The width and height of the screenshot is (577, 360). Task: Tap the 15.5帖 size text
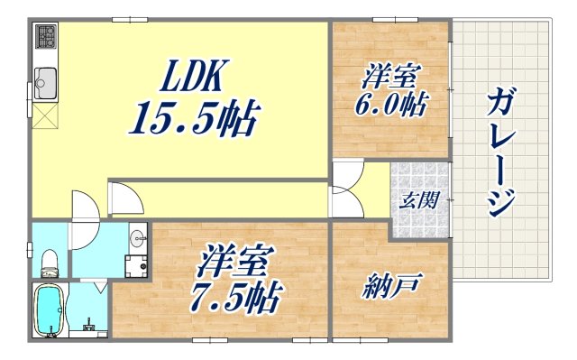tap(197, 118)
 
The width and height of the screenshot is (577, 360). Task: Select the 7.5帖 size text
tap(236, 294)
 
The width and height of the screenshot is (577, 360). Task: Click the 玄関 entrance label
tap(420, 198)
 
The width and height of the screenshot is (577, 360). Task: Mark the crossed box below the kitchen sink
tap(45, 115)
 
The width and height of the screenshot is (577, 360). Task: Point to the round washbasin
tap(137, 239)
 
